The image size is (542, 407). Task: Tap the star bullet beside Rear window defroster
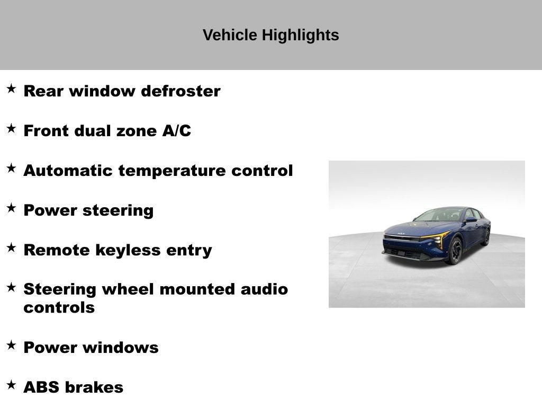tap(11, 89)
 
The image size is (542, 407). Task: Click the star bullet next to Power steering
tap(11, 208)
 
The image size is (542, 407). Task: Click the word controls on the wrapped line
tap(59, 308)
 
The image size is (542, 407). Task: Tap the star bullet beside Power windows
tap(11, 345)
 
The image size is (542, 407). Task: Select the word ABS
tap(42, 387)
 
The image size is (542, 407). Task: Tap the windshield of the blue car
tap(440, 215)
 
